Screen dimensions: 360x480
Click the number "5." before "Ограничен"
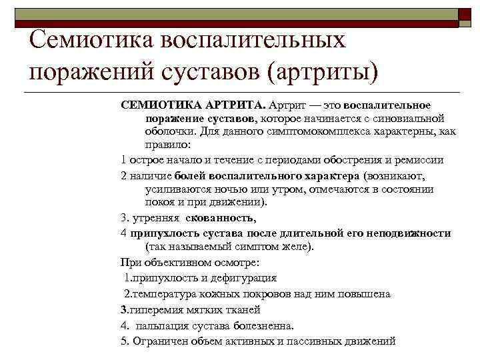pos(125,341)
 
